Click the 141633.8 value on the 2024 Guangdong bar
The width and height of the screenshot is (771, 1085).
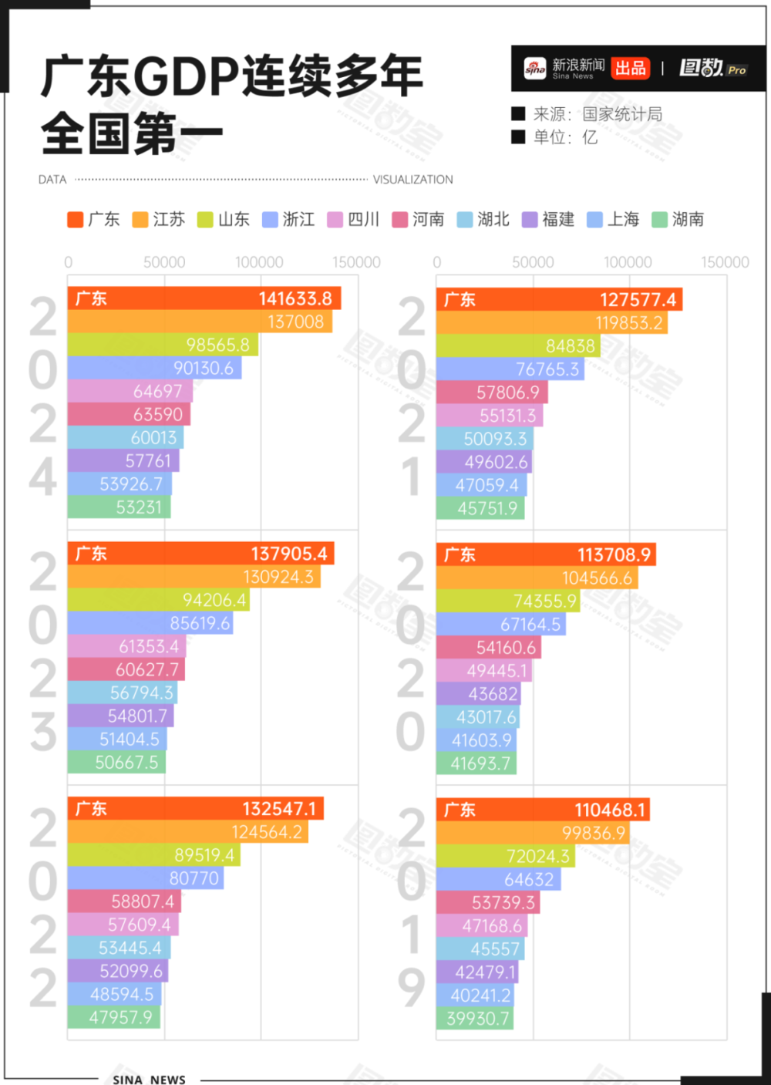[295, 298]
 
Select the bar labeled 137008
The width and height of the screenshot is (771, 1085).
[200, 322]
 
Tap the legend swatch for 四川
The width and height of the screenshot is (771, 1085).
[335, 220]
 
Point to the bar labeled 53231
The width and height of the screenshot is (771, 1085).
[119, 507]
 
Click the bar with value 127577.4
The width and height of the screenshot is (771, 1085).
[559, 299]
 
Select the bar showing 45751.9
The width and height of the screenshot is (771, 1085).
[480, 508]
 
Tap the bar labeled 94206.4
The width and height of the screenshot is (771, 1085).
[158, 600]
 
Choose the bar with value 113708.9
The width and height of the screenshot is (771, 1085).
[546, 554]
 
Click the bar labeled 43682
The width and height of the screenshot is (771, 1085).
[478, 694]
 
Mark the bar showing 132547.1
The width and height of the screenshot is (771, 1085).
[195, 809]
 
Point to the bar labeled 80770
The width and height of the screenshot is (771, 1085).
[145, 878]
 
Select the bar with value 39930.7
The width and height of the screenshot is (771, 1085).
[474, 1019]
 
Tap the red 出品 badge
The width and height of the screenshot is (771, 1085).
[630, 68]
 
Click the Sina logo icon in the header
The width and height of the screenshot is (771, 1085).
[534, 69]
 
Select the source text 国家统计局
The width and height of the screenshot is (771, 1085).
[621, 114]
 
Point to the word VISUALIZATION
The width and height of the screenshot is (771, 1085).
[412, 180]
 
